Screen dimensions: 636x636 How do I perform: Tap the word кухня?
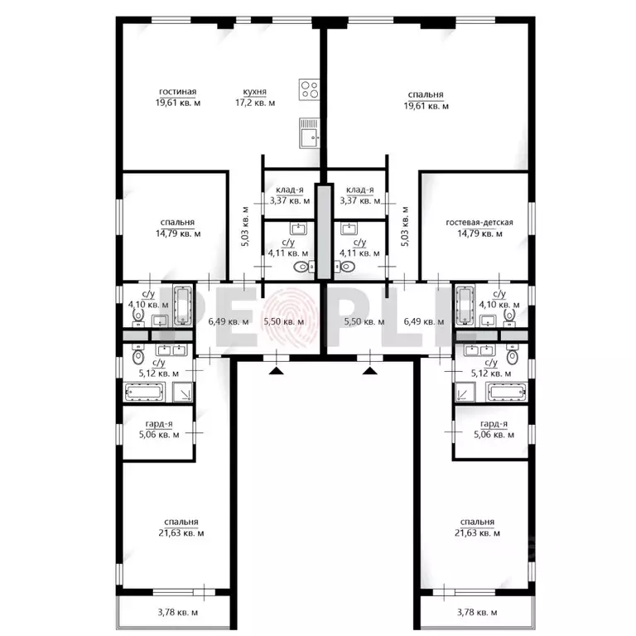tap(254, 92)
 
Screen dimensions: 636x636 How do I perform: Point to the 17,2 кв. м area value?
tap(254, 104)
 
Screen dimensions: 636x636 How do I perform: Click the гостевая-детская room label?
tap(479, 222)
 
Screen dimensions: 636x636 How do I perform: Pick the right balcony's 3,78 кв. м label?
tap(476, 613)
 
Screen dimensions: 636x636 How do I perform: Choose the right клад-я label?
tap(359, 189)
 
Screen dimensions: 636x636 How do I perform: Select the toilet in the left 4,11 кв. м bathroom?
tap(301, 267)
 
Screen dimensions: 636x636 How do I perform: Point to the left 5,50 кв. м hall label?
tap(277, 321)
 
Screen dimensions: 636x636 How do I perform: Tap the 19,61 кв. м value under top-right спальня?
tap(426, 106)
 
